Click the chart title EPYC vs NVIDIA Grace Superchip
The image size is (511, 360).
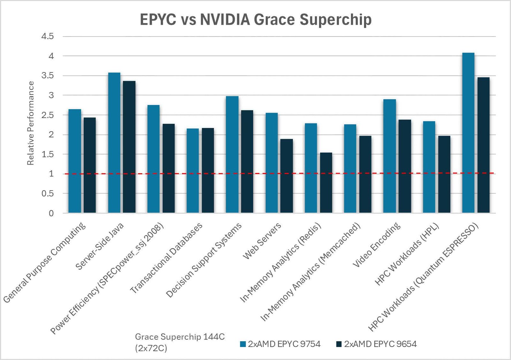click(x=256, y=20)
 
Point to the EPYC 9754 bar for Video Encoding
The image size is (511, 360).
click(x=389, y=156)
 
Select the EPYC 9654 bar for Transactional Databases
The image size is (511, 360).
click(x=208, y=170)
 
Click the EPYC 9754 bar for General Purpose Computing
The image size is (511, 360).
click(x=75, y=161)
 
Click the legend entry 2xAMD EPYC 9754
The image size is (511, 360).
click(x=280, y=344)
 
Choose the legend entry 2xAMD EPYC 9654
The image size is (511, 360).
click(x=377, y=344)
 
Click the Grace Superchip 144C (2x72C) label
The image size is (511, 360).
click(x=179, y=342)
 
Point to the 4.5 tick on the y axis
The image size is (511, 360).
click(x=47, y=36)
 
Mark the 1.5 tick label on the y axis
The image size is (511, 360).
click(x=47, y=154)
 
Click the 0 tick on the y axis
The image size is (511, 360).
click(x=51, y=214)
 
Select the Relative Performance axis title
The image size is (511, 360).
click(x=30, y=123)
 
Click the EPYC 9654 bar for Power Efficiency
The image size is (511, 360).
click(x=169, y=169)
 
